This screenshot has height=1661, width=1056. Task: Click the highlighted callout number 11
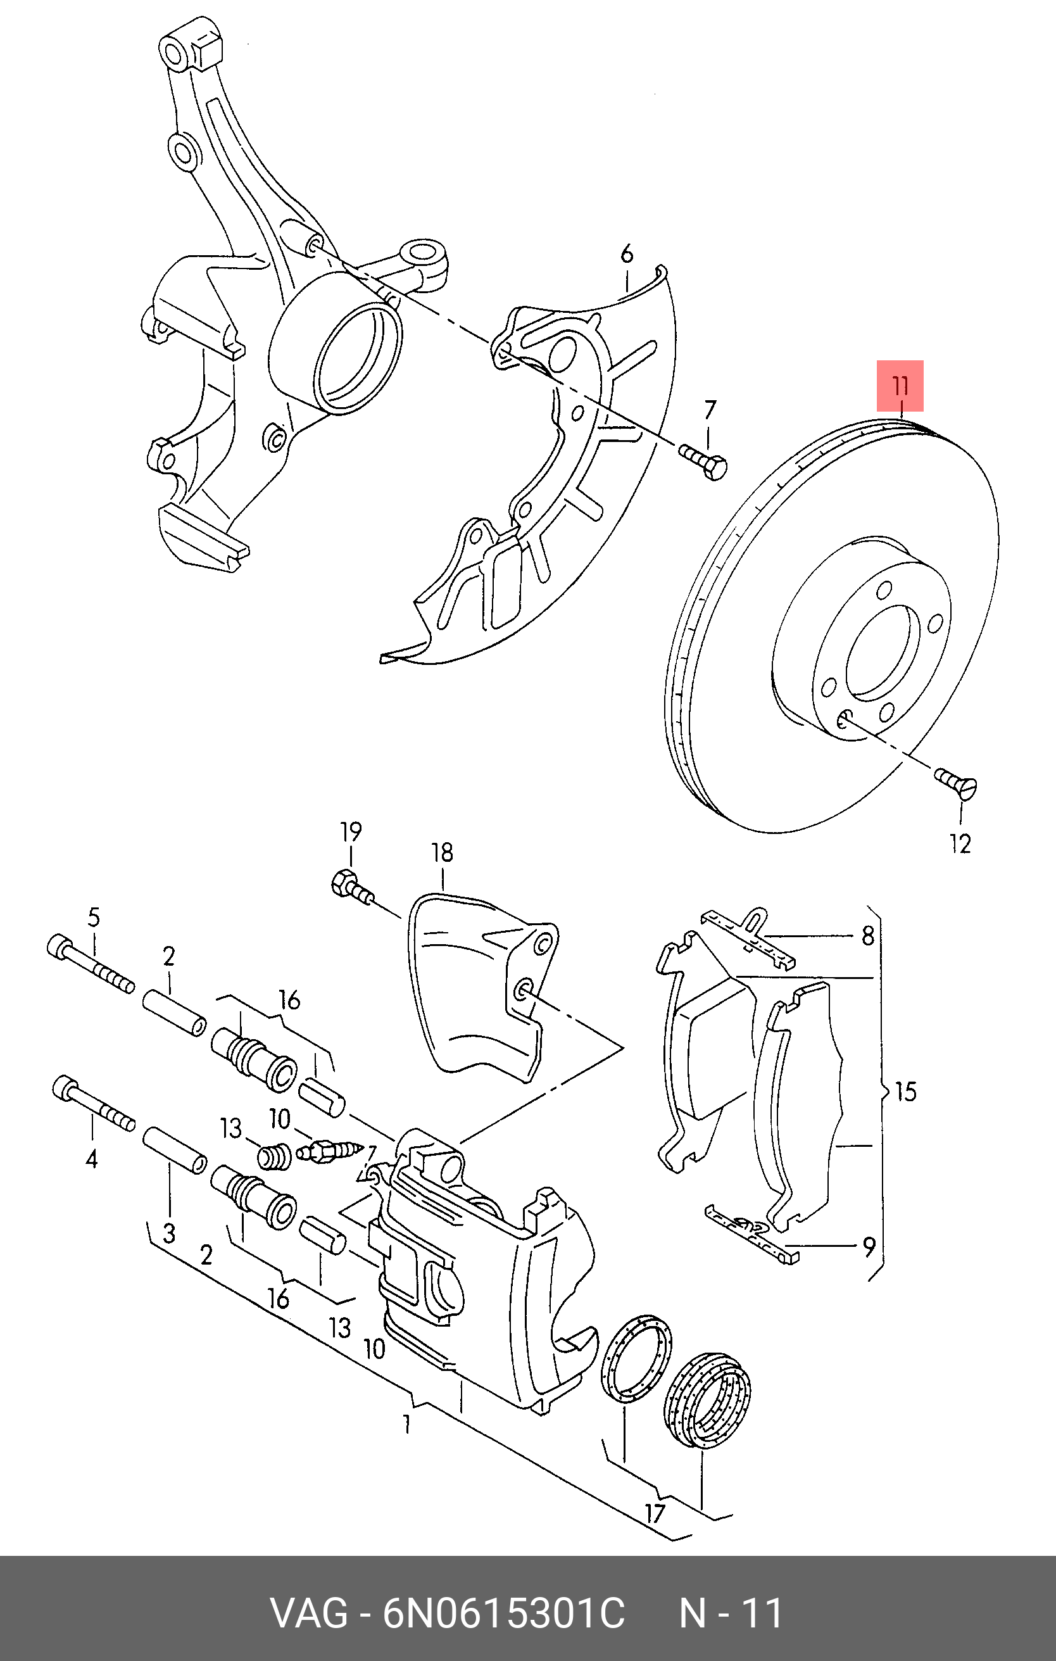[900, 386]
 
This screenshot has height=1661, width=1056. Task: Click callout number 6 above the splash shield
[626, 255]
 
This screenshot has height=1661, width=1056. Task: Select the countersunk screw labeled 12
[956, 783]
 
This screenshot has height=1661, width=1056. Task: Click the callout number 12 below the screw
[960, 843]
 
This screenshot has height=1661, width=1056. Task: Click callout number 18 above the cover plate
[442, 853]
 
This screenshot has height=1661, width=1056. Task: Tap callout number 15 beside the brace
[905, 1092]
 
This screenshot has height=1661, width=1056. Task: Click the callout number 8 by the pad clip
[868, 936]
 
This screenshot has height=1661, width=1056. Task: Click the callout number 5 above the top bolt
[94, 918]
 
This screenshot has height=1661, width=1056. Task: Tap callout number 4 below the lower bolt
[92, 1159]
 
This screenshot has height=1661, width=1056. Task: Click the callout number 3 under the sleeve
[170, 1234]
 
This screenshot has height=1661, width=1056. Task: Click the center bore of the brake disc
[883, 652]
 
